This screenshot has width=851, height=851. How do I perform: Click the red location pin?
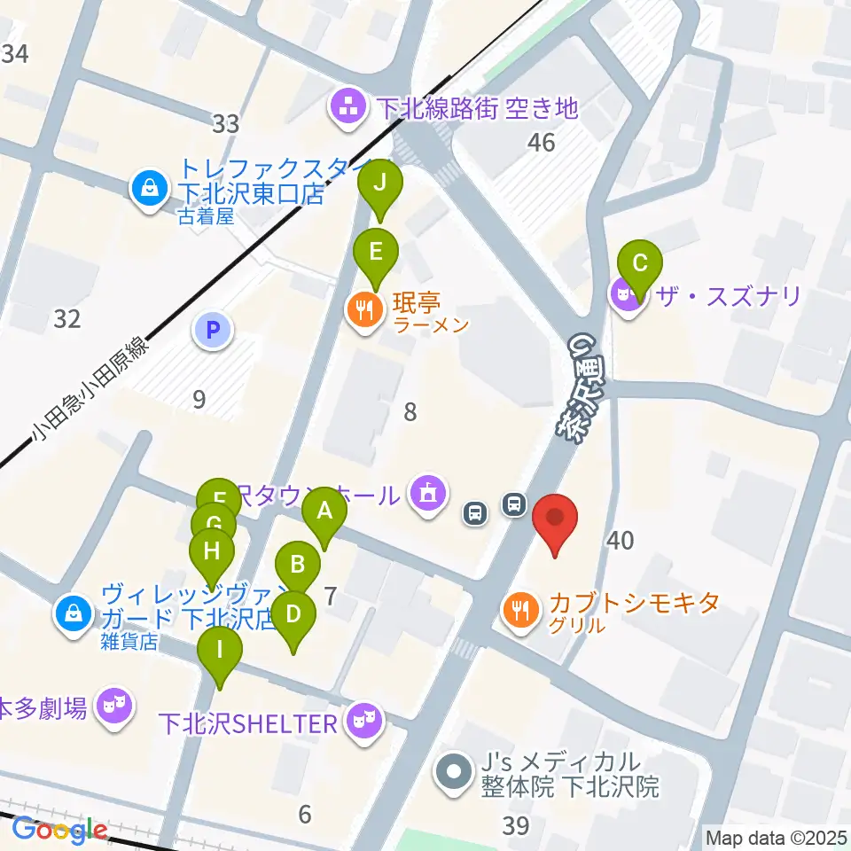tap(555, 520)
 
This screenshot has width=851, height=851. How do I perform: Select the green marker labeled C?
tap(639, 264)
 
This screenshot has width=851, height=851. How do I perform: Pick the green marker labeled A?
tap(324, 512)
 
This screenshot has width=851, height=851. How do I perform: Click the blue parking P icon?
tap(212, 332)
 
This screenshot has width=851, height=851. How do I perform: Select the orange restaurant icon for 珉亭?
tap(363, 309)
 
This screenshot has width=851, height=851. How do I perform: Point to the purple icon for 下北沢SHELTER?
tap(363, 719)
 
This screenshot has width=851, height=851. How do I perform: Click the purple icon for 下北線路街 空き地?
tap(348, 108)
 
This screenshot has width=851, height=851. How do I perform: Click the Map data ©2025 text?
tap(774, 836)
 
